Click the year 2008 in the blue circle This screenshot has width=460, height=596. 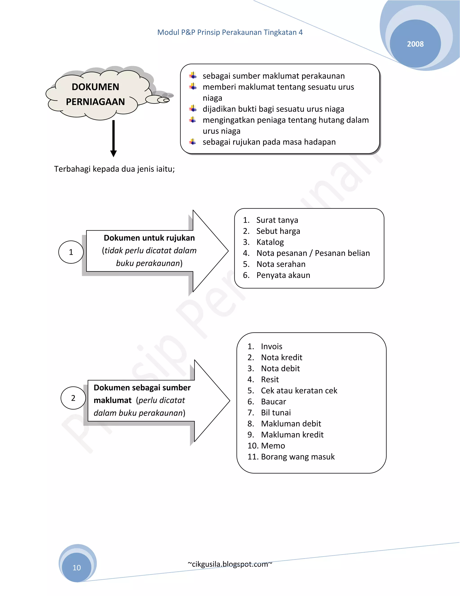click(415, 44)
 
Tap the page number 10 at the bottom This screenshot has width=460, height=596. click(77, 567)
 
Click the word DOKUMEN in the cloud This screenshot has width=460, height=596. click(95, 87)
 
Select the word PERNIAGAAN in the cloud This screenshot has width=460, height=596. click(95, 102)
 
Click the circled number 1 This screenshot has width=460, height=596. click(71, 252)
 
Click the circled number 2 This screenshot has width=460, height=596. click(73, 398)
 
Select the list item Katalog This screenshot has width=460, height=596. click(270, 242)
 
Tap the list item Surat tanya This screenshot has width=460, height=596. click(277, 220)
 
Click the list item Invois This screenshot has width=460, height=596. click(271, 346)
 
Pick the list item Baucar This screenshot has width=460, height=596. click(273, 401)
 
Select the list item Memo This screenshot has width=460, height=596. click(273, 446)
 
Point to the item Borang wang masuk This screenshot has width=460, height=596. click(298, 457)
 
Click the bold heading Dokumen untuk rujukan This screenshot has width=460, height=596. click(149, 238)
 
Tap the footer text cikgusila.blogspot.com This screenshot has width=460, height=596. click(230, 564)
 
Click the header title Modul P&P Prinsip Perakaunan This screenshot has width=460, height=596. click(230, 32)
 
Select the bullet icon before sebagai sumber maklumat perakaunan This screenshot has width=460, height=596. click(193, 75)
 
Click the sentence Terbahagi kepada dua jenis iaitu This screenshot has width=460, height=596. click(114, 169)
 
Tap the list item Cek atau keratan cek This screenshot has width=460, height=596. click(299, 390)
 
